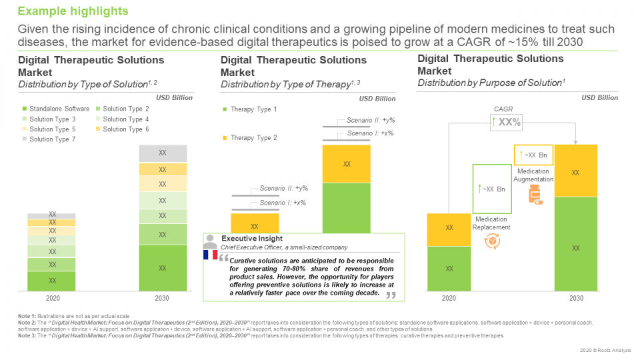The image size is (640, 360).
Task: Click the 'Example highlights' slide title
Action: (x=73, y=11)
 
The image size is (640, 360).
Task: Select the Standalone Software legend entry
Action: (x=57, y=109)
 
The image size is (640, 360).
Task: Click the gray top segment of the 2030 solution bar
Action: (x=163, y=153)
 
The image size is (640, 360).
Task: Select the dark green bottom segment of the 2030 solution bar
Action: (x=163, y=268)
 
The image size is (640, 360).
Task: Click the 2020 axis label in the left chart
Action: (x=52, y=298)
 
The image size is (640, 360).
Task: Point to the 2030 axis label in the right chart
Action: (x=576, y=298)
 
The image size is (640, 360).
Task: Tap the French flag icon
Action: (x=210, y=255)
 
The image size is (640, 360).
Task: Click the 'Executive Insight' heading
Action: (x=252, y=238)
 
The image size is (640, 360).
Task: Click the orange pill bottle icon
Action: (x=534, y=194)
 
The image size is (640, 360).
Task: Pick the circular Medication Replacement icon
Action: (x=492, y=241)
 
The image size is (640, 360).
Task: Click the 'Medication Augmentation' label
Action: (x=533, y=175)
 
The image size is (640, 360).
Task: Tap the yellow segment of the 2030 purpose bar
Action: (x=576, y=171)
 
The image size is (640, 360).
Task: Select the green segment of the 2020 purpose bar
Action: (x=449, y=268)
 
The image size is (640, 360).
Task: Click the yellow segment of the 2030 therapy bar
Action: (x=347, y=163)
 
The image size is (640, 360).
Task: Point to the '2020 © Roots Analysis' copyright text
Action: (x=596, y=350)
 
